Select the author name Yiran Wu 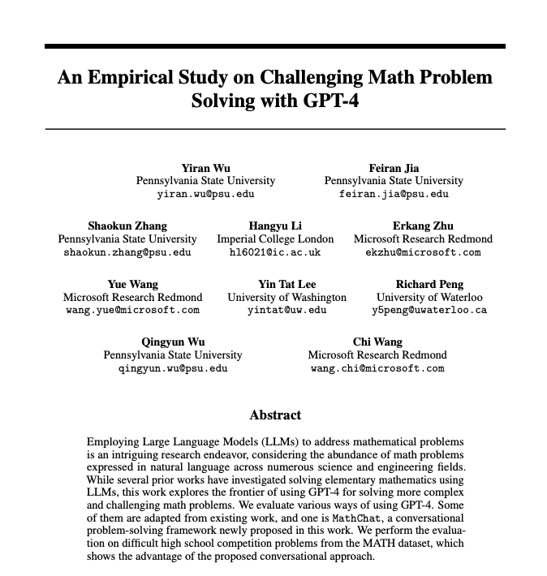tap(205, 168)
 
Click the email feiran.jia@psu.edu tap(394, 194)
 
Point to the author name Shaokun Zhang tap(127, 226)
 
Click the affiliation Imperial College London tap(275, 239)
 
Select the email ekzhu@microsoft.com tap(423, 251)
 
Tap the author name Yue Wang tap(133, 284)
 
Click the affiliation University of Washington tap(286, 297)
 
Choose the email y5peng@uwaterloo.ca tap(429, 310)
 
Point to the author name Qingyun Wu tap(172, 342)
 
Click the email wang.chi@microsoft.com tap(377, 368)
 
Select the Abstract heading tap(275, 415)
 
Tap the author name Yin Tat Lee tap(286, 284)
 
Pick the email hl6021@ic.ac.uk tap(275, 251)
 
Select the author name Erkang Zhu tap(423, 226)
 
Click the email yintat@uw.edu tap(286, 310)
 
